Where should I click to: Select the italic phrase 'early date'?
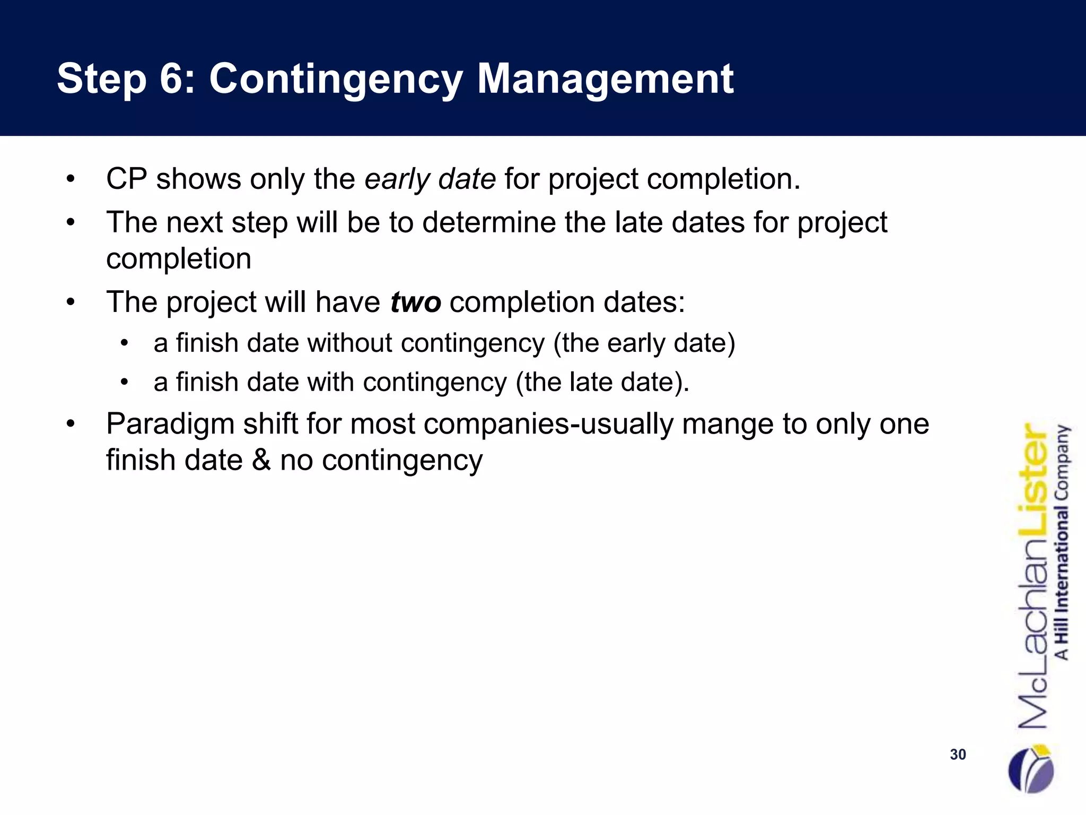430,179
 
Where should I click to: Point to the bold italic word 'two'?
415,302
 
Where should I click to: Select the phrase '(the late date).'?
602,382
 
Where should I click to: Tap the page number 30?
958,755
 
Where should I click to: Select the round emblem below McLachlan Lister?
1030,769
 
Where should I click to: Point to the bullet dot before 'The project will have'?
71,303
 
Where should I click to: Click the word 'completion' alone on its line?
179,259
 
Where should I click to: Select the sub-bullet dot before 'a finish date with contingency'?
125,382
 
